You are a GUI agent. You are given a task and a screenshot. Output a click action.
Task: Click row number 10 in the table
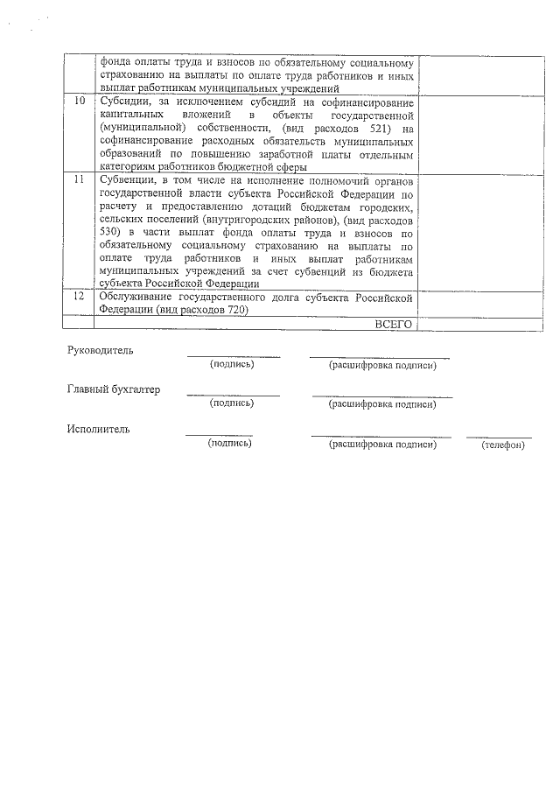[x=80, y=102]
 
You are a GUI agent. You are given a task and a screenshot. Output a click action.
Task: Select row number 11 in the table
[x=80, y=179]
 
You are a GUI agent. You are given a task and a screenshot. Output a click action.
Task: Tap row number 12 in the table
[x=80, y=298]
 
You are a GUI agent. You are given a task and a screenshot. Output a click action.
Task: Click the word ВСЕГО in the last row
[x=393, y=324]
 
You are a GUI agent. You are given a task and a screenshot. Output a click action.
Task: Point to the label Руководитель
[x=101, y=350]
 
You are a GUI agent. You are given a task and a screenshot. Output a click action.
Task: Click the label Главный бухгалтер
[x=114, y=389]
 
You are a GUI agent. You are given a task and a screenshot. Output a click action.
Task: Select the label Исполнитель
[x=97, y=429]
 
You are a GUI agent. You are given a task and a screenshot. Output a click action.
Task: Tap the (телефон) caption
[x=502, y=445]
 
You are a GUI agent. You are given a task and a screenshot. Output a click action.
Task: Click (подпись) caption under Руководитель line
[x=232, y=364]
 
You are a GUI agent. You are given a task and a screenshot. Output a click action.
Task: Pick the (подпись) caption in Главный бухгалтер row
[x=232, y=403]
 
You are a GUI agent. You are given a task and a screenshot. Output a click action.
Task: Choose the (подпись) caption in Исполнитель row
[x=229, y=444]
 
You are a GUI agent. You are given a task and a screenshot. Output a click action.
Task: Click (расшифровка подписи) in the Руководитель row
[x=381, y=365]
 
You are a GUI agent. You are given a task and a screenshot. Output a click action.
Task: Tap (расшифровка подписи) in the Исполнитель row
[x=381, y=445]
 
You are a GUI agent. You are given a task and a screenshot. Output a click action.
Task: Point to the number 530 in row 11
[x=110, y=233]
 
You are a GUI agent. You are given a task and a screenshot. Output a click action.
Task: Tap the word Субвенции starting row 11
[x=128, y=180]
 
